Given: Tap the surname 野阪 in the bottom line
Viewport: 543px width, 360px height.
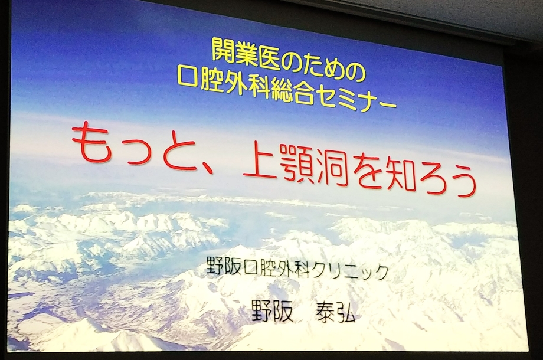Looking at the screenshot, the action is pos(273,310).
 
